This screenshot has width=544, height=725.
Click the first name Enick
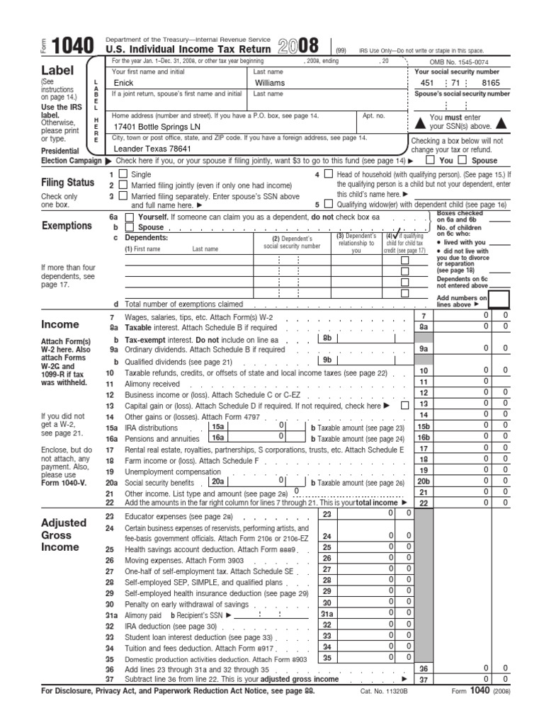(124, 83)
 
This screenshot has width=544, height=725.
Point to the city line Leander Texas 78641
(153, 149)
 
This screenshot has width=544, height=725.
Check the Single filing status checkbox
(123, 174)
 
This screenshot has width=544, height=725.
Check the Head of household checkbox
(328, 174)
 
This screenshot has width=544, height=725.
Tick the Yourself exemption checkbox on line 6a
(129, 217)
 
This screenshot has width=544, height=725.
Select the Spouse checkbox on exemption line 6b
(129, 228)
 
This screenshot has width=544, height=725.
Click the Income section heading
(61, 324)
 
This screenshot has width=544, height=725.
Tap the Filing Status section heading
(68, 183)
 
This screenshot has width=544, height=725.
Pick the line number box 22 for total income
(424, 502)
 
